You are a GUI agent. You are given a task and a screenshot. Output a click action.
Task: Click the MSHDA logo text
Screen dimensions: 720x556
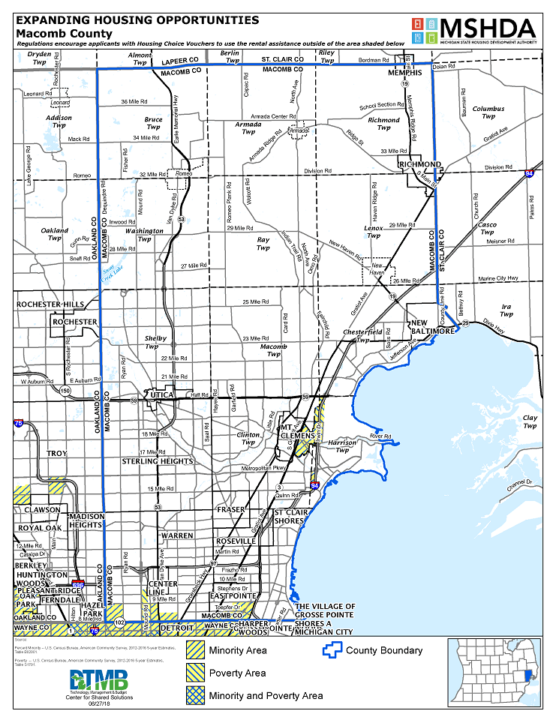tap(488, 28)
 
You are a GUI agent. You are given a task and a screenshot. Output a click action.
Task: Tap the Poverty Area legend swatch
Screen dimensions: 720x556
tap(196, 673)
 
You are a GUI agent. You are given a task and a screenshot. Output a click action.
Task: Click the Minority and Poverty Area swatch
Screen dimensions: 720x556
tap(196, 695)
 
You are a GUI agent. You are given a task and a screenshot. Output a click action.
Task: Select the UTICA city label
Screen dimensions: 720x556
tap(162, 394)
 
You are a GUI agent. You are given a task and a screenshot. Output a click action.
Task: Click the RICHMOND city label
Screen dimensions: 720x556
tap(420, 164)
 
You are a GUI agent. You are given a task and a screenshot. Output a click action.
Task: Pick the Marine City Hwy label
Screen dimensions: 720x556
tap(498, 278)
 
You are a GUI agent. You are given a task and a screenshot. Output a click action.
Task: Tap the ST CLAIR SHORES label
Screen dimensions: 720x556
tap(288, 515)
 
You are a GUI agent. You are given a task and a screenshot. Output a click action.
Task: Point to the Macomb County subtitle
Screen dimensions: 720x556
tap(64, 34)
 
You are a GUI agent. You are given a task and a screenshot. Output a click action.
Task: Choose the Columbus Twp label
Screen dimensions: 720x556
tap(488, 112)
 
